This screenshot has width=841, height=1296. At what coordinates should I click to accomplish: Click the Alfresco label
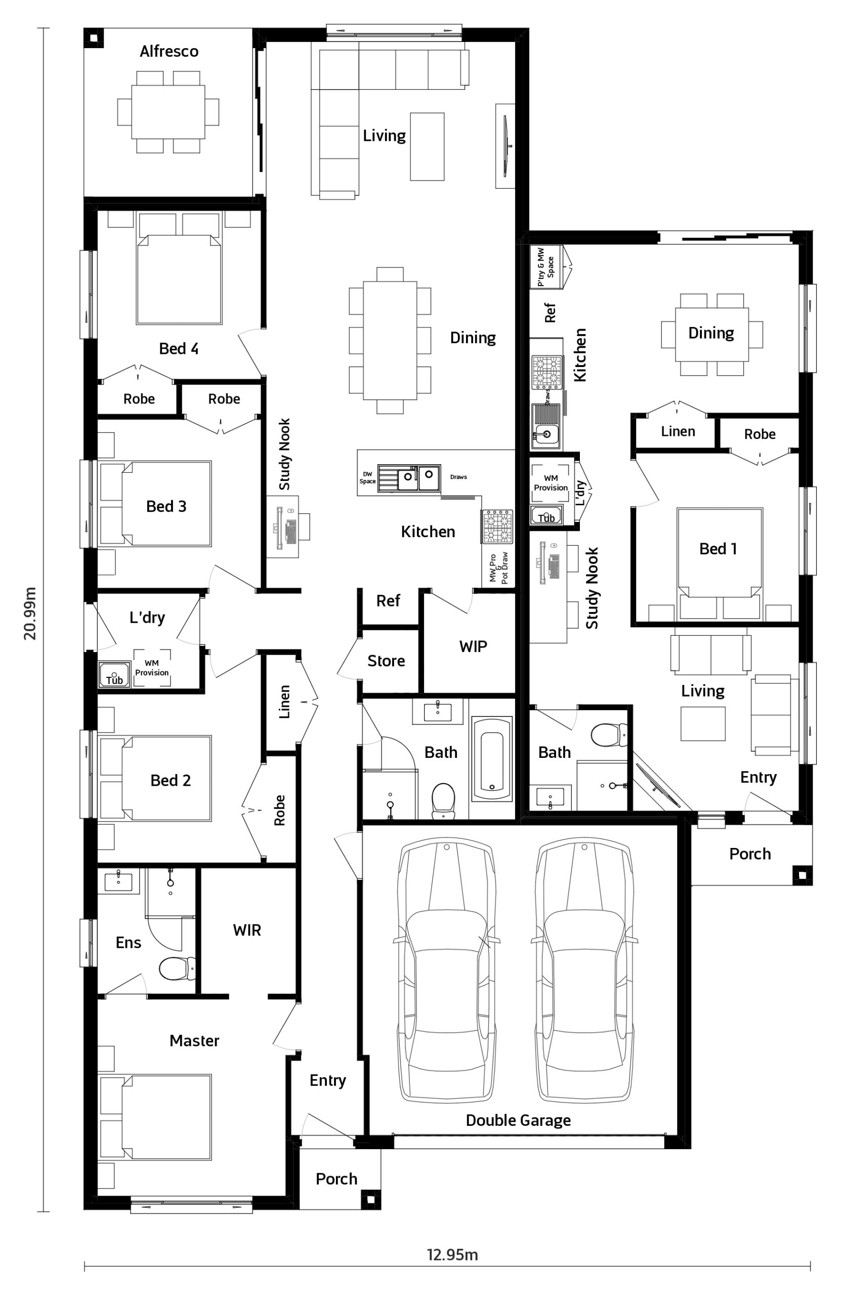point(169,51)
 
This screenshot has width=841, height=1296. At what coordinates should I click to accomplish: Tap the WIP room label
point(473,646)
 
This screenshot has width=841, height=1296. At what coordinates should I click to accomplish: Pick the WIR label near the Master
point(246,930)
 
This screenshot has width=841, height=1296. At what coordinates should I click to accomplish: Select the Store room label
point(386,661)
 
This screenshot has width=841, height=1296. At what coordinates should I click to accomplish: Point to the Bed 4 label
point(179,348)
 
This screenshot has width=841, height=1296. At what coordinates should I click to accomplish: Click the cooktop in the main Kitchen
point(497,526)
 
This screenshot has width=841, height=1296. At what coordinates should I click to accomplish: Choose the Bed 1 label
point(718,549)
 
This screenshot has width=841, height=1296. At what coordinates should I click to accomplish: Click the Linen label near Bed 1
point(678,431)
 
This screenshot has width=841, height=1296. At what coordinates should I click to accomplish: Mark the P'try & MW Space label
point(545,267)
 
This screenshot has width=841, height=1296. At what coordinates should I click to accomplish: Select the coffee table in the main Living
point(427,146)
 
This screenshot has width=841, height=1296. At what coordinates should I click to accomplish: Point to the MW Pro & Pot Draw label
point(498,568)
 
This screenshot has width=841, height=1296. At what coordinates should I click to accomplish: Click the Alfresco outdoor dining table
point(168,112)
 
